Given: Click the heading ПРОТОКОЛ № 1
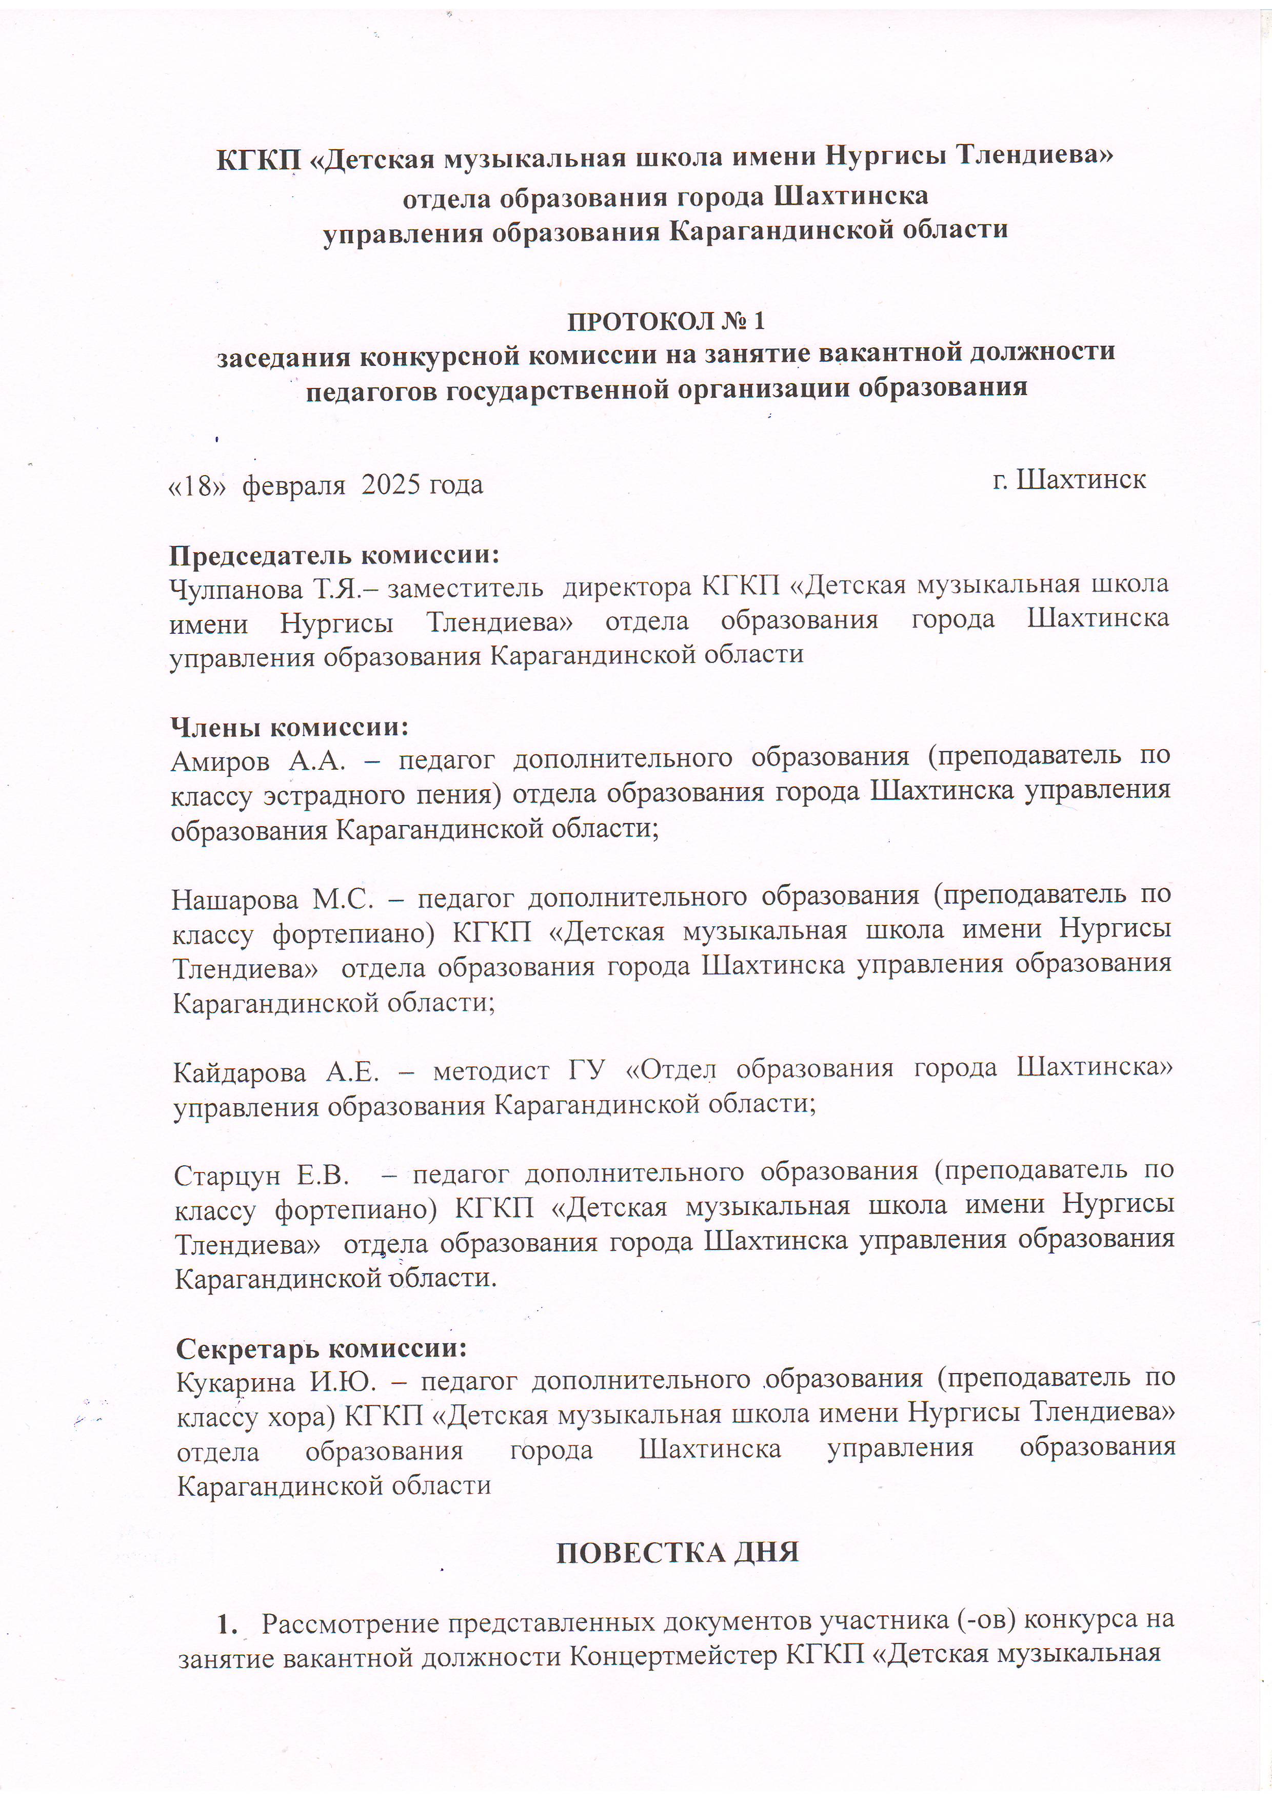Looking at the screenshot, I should (665, 321).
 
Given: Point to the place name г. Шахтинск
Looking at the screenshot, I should (1069, 479).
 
